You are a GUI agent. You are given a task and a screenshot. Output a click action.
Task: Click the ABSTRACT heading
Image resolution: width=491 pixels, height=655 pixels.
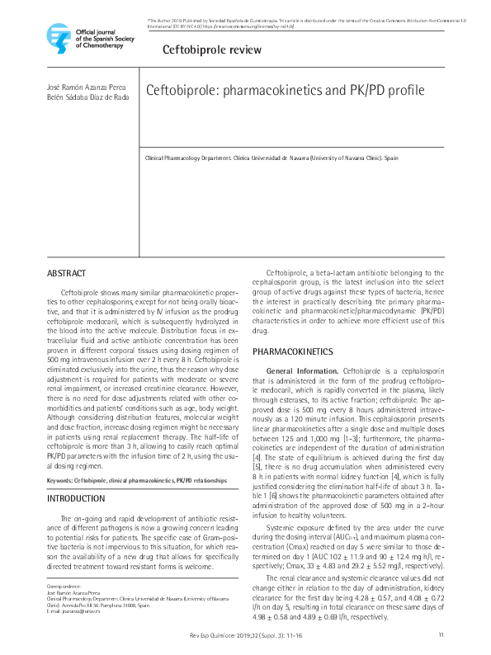pos(66,273)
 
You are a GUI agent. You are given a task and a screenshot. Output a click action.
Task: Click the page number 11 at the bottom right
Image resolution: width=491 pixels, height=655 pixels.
pos(441,634)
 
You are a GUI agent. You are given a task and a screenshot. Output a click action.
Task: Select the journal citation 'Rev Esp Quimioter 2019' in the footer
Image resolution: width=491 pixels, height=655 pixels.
pos(215,634)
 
